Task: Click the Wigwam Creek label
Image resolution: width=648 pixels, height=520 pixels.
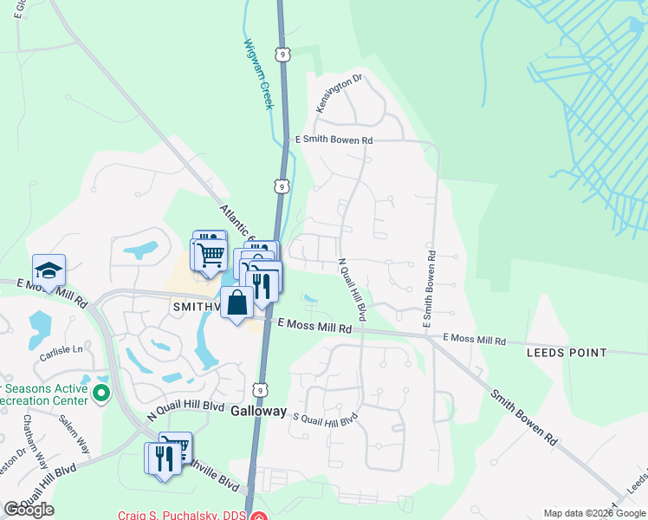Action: click(x=259, y=75)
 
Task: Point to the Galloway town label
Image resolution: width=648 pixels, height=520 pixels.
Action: click(x=258, y=412)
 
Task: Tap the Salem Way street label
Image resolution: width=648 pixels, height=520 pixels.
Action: click(x=74, y=433)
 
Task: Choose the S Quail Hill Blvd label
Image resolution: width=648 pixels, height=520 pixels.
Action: click(x=325, y=419)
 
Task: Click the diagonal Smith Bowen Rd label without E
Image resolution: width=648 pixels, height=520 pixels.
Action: click(x=523, y=417)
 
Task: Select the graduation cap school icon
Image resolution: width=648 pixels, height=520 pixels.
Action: click(x=49, y=270)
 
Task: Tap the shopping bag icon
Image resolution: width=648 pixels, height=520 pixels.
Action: click(x=237, y=303)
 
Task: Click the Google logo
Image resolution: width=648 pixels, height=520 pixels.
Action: click(x=29, y=509)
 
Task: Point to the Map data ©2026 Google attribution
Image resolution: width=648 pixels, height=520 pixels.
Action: click(x=595, y=513)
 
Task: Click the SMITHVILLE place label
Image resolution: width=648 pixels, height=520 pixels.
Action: click(x=196, y=307)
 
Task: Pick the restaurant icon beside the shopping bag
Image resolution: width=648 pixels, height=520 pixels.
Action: click(x=263, y=283)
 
